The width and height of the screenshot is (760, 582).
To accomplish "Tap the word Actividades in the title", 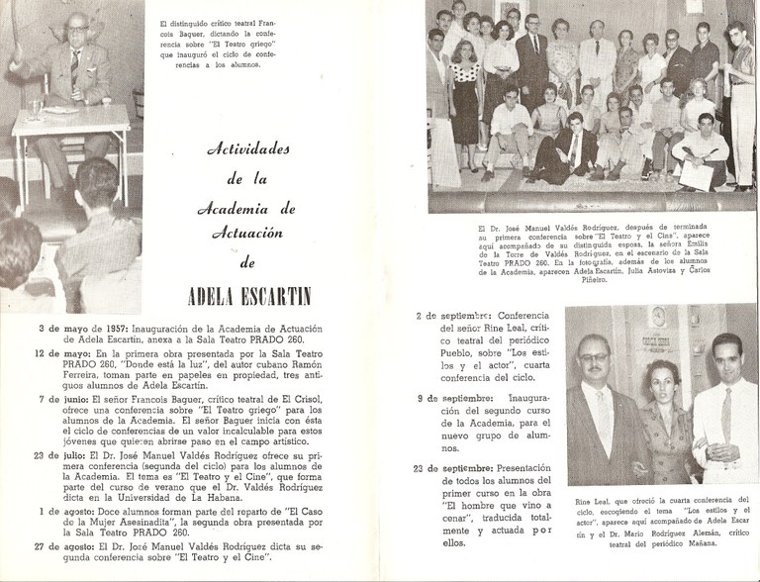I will click(248, 150).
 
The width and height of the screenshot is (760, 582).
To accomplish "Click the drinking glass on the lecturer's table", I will click(36, 108).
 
